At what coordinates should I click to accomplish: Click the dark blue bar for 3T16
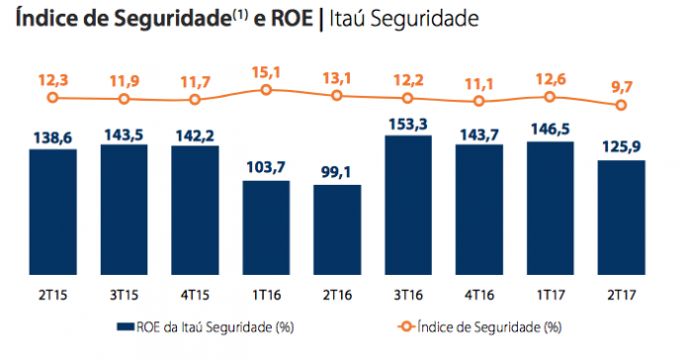coord(408,205)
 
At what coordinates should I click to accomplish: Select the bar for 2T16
coord(337,230)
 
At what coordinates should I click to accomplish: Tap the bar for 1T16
coord(266,227)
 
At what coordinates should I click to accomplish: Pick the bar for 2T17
coord(622,218)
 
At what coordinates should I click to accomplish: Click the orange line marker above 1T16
coord(266,90)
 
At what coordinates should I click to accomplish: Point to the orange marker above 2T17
coord(621,105)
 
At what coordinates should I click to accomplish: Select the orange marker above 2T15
coord(53,98)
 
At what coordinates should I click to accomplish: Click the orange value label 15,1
coord(266,72)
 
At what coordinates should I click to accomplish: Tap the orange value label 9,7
coord(622,87)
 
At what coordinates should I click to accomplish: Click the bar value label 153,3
coord(408,125)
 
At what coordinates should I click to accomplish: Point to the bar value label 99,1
coord(337,172)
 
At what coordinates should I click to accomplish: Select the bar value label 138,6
coord(53,137)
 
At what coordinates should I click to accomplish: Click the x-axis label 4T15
coord(195,295)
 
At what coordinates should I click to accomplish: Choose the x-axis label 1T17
coord(551,295)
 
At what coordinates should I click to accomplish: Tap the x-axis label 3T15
coord(125,295)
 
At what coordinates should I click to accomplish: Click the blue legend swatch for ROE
coord(126,326)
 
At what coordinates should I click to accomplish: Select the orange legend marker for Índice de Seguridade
coord(406,326)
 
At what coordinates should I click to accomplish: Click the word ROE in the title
coord(292,19)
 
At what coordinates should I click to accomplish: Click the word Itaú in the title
coord(347,19)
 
